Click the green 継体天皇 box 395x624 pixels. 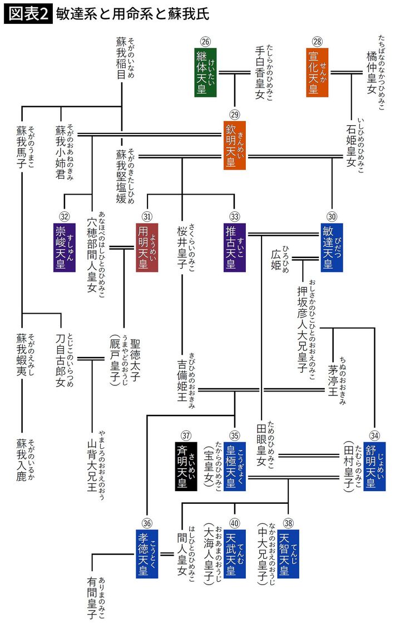[x=205, y=72]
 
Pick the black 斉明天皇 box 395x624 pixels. [x=185, y=468]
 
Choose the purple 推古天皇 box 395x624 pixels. [x=234, y=247]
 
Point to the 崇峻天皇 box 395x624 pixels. [x=65, y=247]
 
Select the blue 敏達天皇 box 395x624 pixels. [x=332, y=247]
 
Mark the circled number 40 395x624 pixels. [x=234, y=522]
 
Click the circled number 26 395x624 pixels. [x=205, y=41]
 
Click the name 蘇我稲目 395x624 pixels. [x=121, y=59]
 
